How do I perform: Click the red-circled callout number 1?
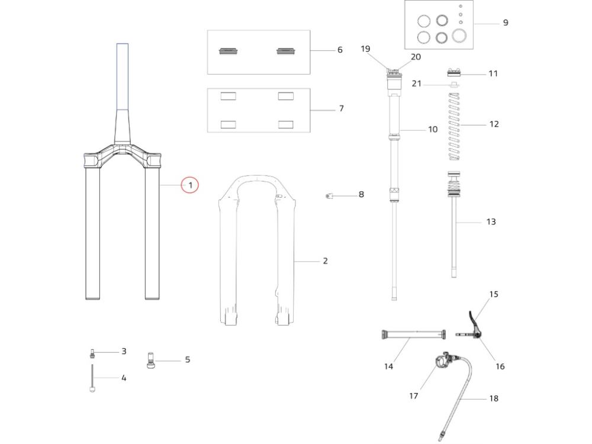[190, 186]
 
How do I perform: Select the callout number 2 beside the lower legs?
[325, 261]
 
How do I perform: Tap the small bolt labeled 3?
[92, 353]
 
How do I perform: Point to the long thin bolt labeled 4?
[92, 379]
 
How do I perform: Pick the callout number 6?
[340, 50]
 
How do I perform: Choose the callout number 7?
[341, 109]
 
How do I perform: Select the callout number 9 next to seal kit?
[505, 23]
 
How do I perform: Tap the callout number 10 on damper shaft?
[433, 129]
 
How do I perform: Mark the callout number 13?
[491, 222]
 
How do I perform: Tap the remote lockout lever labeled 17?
[443, 361]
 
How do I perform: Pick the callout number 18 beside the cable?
[493, 399]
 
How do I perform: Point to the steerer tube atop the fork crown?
[123, 77]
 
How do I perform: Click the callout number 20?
[416, 57]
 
